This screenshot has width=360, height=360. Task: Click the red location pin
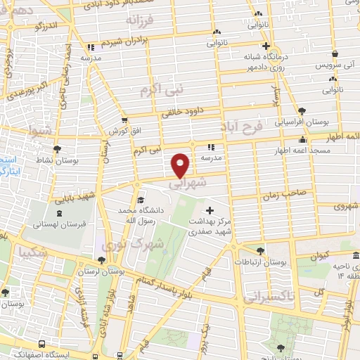[181, 164]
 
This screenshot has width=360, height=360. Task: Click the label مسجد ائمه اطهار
[302, 151]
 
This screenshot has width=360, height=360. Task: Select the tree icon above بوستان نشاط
[57, 149]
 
